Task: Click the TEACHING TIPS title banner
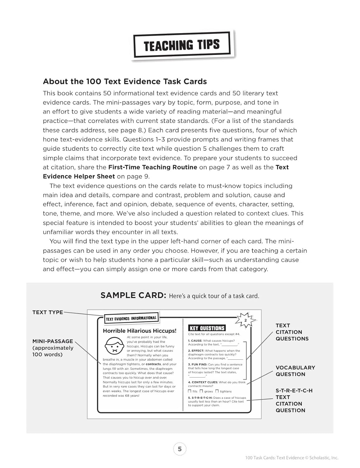tap(182, 45)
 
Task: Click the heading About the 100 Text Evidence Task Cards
tap(125, 81)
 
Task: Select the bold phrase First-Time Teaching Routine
tap(152, 167)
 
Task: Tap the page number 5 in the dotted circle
tap(180, 449)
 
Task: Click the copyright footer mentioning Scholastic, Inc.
tap(291, 458)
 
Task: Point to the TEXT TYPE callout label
tap(47, 312)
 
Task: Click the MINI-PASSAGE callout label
tap(53, 348)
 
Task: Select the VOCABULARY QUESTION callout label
tap(295, 371)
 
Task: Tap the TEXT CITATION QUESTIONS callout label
tap(292, 332)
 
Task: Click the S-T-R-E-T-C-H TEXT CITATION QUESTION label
tap(294, 400)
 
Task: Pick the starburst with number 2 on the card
tap(246, 320)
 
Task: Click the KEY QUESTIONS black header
tap(207, 328)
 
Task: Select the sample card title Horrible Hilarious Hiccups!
tap(139, 331)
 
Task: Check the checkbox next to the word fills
tap(190, 391)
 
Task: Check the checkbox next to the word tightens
tap(217, 391)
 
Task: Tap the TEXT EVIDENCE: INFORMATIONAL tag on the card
tap(131, 318)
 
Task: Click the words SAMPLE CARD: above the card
tap(133, 295)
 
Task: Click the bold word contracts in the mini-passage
tap(153, 364)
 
